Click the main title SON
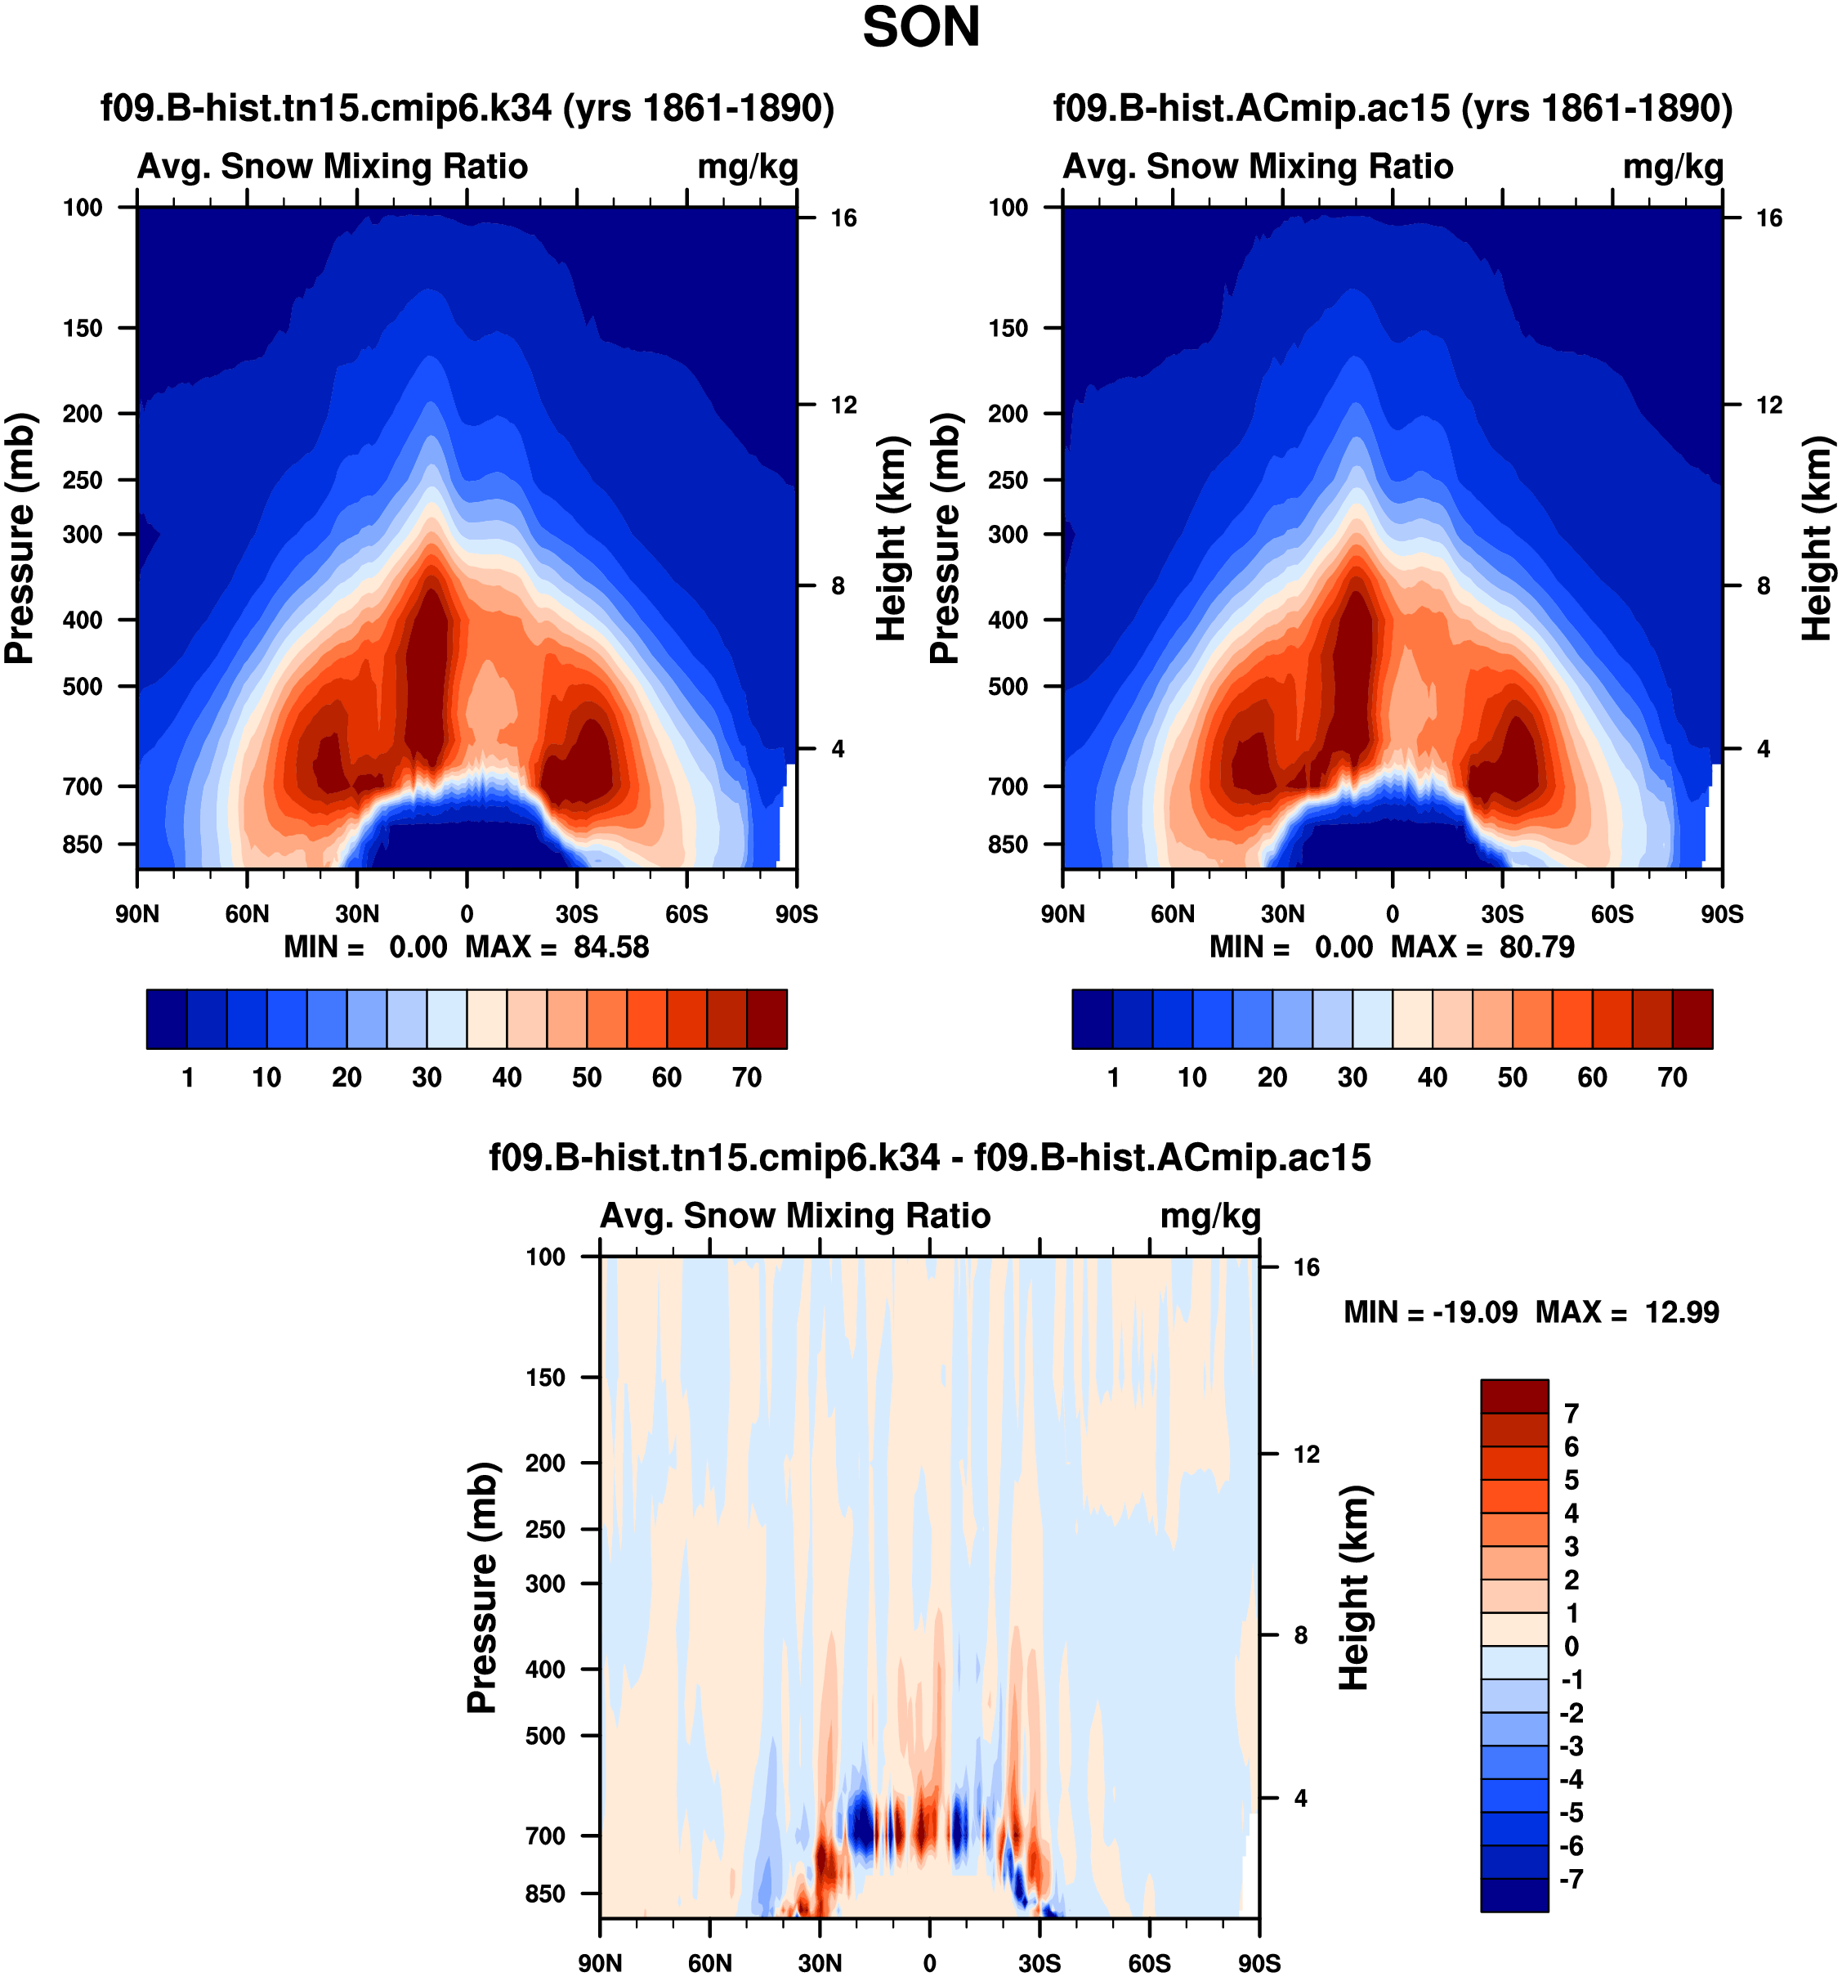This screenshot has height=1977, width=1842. click(x=920, y=28)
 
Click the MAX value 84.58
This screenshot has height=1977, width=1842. click(x=610, y=947)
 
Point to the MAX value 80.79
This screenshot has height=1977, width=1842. click(x=1537, y=947)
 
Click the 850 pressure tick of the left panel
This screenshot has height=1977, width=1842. click(x=83, y=845)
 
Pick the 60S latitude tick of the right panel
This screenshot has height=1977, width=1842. click(x=1612, y=914)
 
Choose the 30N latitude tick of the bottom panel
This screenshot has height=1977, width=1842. click(x=820, y=1962)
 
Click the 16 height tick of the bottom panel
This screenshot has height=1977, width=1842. click(x=1306, y=1267)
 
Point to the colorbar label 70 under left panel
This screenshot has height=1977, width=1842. click(x=747, y=1077)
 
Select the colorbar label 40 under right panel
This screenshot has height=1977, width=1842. click(x=1433, y=1077)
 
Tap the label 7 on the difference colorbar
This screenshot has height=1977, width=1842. click(x=1572, y=1413)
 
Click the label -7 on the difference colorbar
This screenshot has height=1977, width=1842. click(x=1572, y=1879)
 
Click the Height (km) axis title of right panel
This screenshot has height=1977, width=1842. click(x=1817, y=538)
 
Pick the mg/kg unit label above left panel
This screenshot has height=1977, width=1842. click(x=748, y=166)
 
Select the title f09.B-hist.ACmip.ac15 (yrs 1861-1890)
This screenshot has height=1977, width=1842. click(x=1393, y=107)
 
